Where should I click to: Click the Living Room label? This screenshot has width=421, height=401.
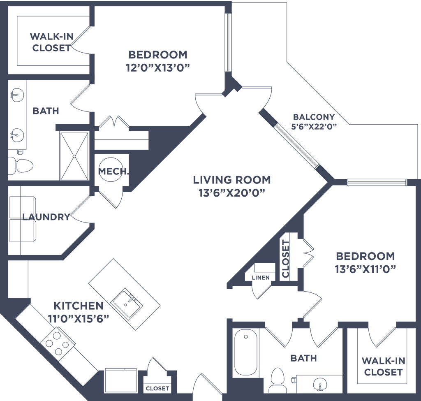pos(232,180)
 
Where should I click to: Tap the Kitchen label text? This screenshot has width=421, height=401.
pos(78,306)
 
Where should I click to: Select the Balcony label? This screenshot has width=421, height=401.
pos(313,117)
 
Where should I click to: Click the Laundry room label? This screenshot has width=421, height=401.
pos(46,217)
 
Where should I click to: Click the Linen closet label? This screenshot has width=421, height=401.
pos(261,278)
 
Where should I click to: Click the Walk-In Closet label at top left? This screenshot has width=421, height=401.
pos(51,42)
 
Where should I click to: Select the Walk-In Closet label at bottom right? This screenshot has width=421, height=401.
pos(383,367)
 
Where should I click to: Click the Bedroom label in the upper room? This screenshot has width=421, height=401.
pos(158,54)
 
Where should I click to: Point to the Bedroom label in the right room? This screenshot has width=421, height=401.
pos(365,257)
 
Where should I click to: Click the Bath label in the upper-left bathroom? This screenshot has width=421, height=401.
pos(46,111)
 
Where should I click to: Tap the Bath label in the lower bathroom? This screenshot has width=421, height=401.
pos(303,359)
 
